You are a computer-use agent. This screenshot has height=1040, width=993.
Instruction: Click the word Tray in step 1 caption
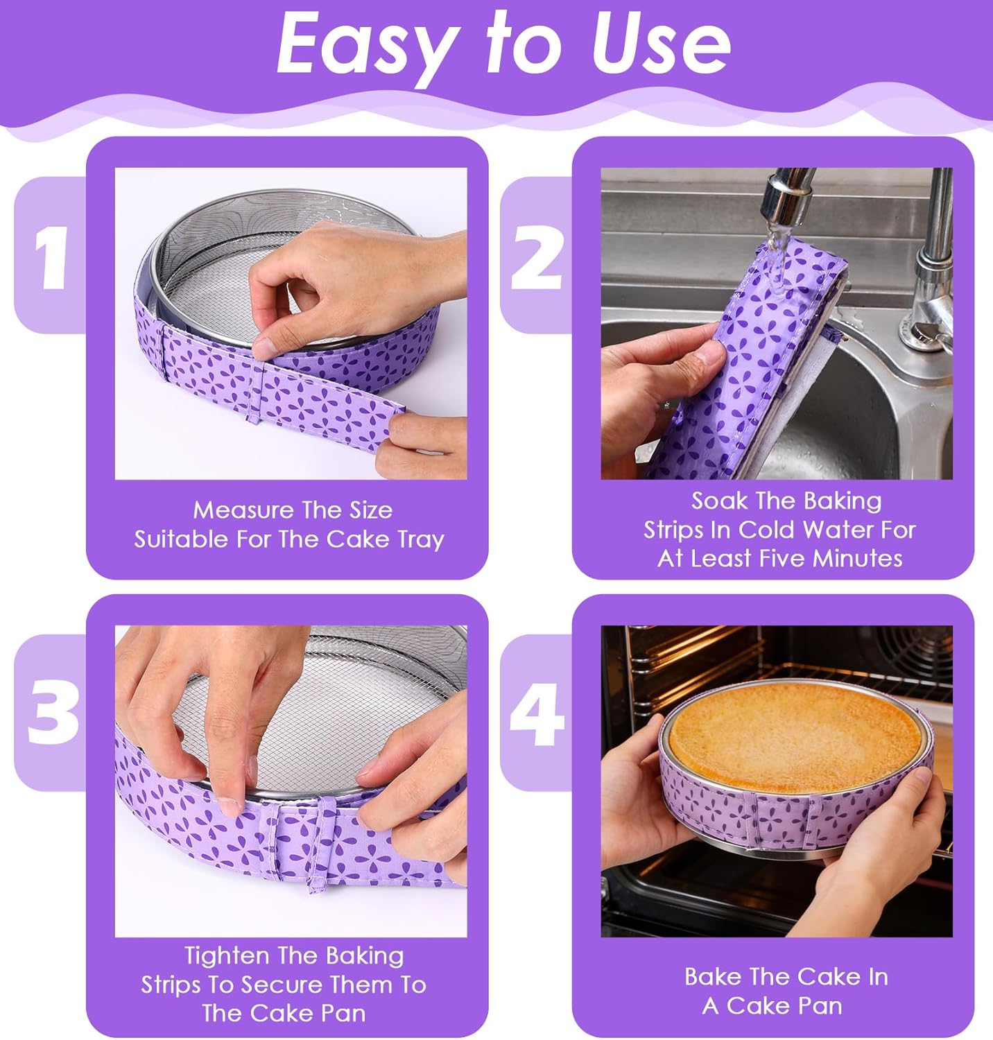click(x=421, y=540)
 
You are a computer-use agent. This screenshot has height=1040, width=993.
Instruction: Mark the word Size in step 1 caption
click(x=369, y=510)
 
